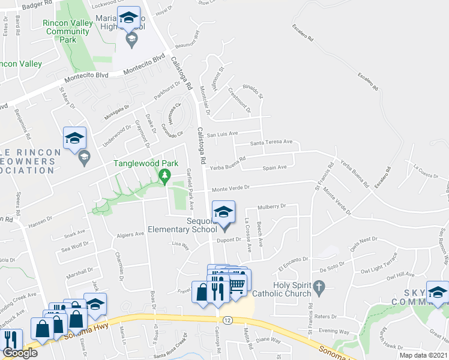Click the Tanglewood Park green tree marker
click(x=163, y=176)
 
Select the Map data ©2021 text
click(x=423, y=355)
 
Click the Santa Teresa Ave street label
click(x=271, y=142)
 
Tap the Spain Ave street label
click(x=274, y=167)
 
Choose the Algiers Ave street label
click(x=130, y=234)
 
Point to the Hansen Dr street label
click(x=41, y=223)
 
